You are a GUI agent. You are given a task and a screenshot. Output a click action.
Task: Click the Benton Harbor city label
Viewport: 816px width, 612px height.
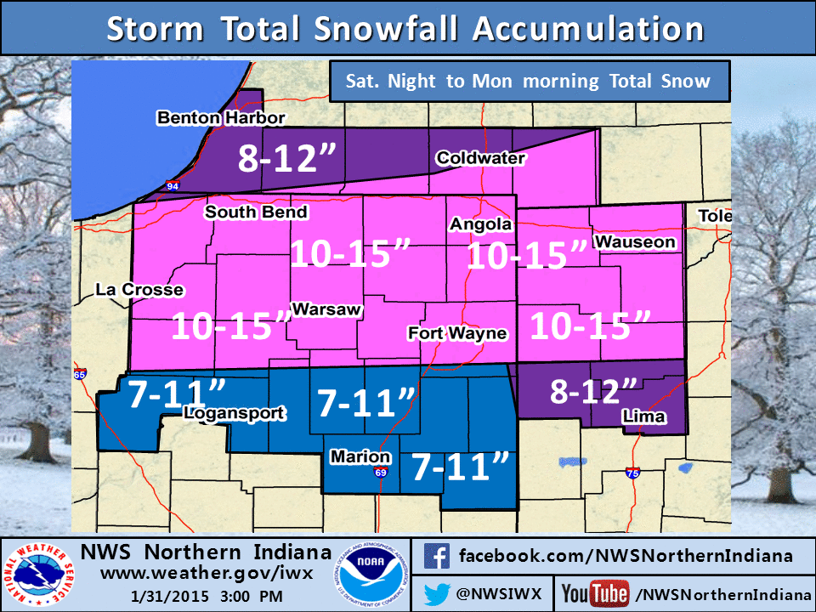click(220, 118)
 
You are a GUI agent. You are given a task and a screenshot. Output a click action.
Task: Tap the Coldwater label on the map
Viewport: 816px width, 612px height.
click(480, 158)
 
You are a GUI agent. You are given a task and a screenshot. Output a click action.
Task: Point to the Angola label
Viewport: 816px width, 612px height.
click(481, 224)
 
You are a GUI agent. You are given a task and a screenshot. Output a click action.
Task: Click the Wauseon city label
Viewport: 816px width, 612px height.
click(635, 242)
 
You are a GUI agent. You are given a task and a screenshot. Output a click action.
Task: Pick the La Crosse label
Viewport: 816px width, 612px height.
click(139, 290)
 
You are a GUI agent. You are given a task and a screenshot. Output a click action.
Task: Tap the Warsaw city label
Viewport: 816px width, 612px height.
click(327, 309)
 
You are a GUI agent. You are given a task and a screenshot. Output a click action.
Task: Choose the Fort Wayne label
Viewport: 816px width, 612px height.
click(457, 333)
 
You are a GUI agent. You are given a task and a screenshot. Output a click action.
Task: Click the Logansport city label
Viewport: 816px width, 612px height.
click(235, 413)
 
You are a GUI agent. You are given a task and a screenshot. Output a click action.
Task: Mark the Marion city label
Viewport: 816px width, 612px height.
click(360, 457)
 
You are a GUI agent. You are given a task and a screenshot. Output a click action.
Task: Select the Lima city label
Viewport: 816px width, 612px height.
click(643, 416)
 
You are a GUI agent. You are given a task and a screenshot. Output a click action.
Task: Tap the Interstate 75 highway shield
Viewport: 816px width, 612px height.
click(631, 473)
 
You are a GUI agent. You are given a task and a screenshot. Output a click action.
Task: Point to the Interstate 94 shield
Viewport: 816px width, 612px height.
click(173, 184)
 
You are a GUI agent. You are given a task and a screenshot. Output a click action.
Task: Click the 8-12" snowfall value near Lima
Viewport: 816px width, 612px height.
click(593, 392)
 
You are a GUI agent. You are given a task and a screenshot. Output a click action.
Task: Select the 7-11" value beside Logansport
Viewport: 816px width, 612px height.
click(177, 394)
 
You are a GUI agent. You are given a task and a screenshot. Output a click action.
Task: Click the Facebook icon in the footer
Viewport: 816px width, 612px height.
click(436, 557)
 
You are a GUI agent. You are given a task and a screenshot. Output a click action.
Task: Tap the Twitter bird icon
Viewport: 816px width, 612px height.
click(436, 591)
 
